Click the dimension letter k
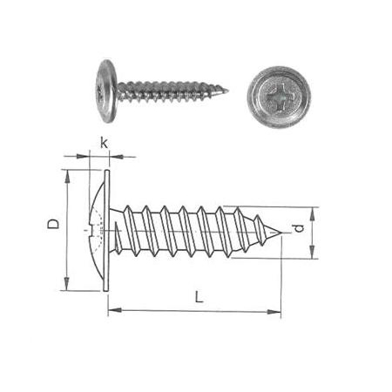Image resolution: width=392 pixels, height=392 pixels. coord(104,143)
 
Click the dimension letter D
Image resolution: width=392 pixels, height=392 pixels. coord(53,224)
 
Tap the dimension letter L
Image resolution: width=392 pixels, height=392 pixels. coord(199,297)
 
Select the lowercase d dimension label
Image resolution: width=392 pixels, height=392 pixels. coord(300,228)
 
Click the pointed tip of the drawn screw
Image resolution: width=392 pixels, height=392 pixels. coord(282,233)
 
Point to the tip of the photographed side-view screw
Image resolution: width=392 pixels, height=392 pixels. coord(228,91)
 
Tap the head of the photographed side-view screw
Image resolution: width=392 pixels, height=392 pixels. coord(107,91)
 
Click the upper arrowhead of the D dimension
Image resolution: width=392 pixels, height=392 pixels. coord(67,176)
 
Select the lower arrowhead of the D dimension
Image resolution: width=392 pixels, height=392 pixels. coord(66,283)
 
